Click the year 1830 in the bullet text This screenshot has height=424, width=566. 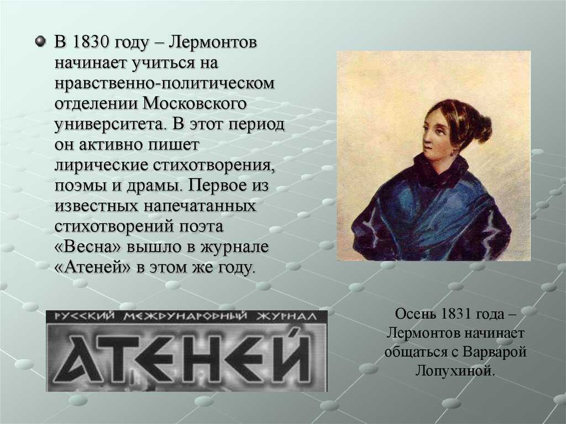(x=91, y=42)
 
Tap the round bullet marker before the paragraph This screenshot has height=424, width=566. (x=40, y=41)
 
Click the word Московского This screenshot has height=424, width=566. (x=195, y=103)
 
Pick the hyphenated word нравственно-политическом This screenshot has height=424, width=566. (x=165, y=83)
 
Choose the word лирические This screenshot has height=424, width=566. (x=102, y=165)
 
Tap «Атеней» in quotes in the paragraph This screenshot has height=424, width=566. (x=92, y=268)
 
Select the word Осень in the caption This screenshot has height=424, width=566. (x=415, y=313)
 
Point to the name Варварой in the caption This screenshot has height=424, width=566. (x=495, y=352)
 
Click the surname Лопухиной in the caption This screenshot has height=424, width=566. (x=455, y=370)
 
